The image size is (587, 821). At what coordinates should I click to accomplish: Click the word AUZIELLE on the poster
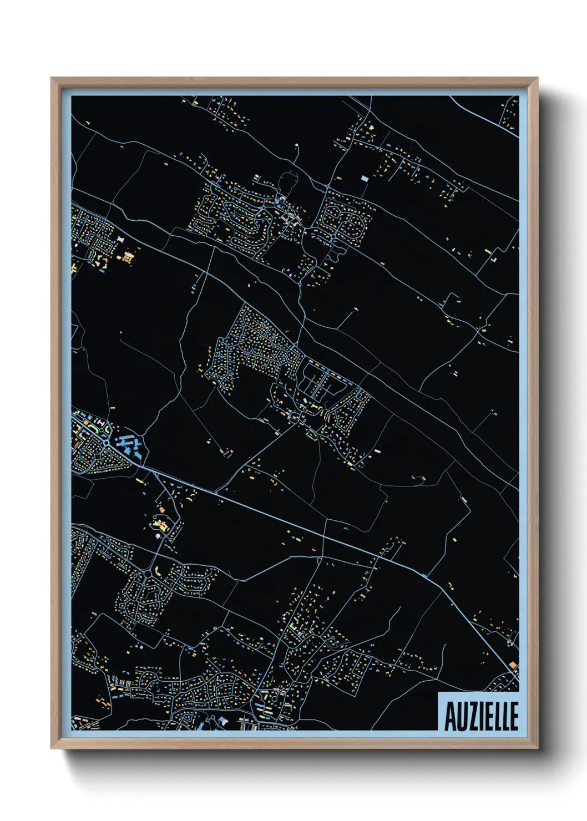pyautogui.click(x=480, y=716)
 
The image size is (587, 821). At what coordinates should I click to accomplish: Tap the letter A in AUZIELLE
pyautogui.click(x=450, y=716)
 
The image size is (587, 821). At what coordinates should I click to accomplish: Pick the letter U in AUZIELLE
pyautogui.click(x=461, y=716)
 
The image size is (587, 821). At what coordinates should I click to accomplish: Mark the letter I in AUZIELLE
pyautogui.click(x=480, y=716)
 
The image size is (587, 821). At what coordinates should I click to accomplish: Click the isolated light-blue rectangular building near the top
pyautogui.click(x=365, y=178)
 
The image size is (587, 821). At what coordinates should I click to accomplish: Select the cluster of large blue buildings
pyautogui.click(x=129, y=446)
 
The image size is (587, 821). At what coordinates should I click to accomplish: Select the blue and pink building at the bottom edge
pyautogui.click(x=223, y=721)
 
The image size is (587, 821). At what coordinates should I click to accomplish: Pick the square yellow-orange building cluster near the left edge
pyautogui.click(x=128, y=257)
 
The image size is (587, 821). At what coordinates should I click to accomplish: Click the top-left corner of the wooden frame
pyautogui.click(x=52, y=79)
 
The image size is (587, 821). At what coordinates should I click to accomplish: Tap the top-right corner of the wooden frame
pyautogui.click(x=537, y=79)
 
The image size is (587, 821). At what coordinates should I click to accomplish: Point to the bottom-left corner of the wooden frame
pyautogui.click(x=52, y=748)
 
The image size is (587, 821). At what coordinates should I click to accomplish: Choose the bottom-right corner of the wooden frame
pyautogui.click(x=537, y=748)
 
